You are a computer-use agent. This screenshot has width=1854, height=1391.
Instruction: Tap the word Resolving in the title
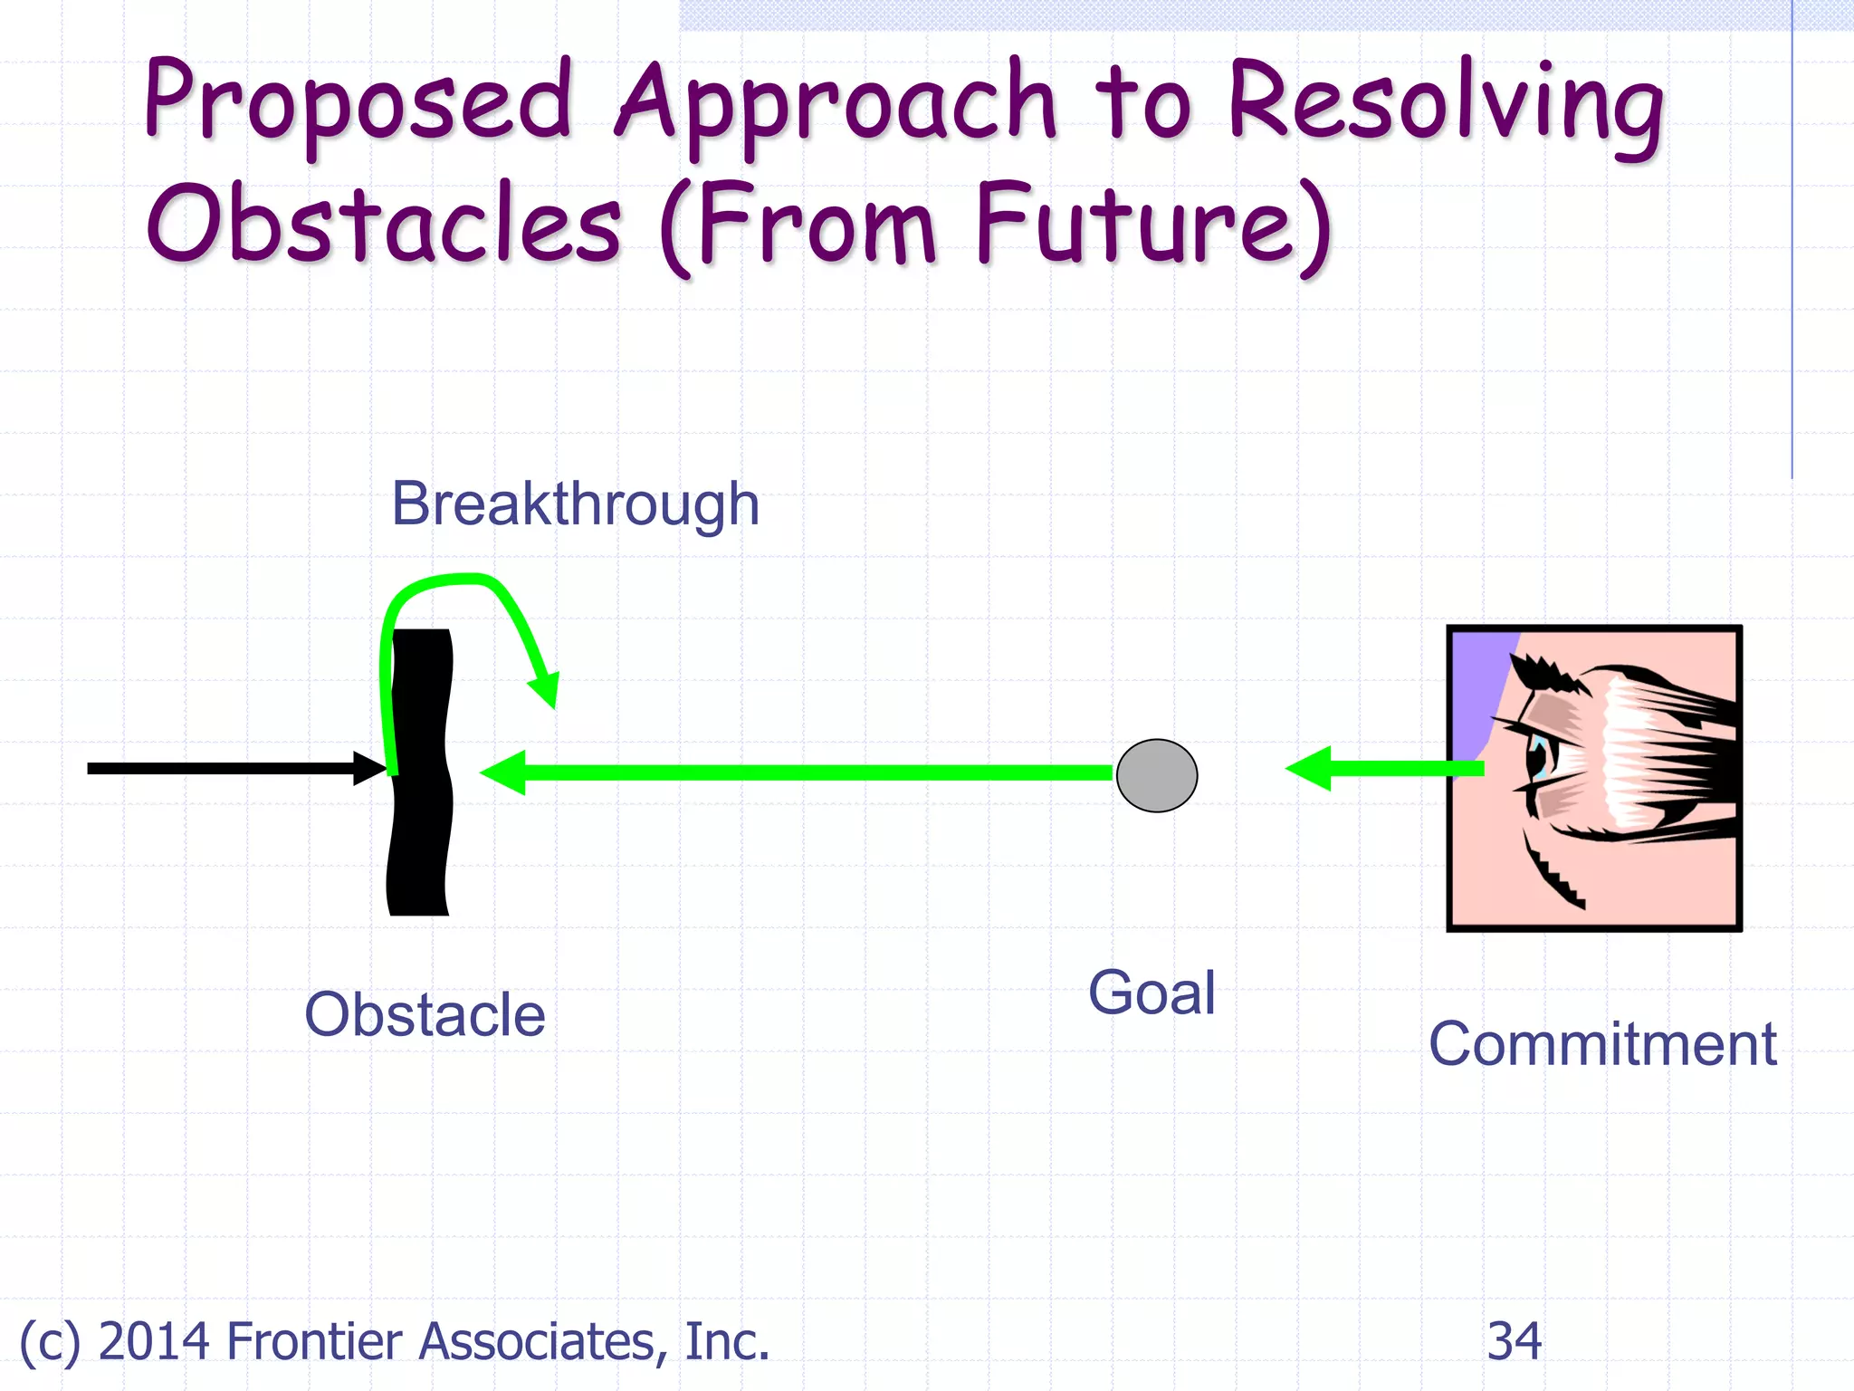pyautogui.click(x=1445, y=104)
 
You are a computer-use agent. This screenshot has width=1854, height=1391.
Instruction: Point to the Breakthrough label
pyautogui.click(x=575, y=504)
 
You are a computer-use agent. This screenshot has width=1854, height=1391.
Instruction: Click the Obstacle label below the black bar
pyautogui.click(x=425, y=1014)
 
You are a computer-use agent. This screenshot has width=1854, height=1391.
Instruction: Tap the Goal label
pyautogui.click(x=1152, y=993)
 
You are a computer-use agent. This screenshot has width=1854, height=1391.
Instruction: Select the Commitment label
pyautogui.click(x=1601, y=1044)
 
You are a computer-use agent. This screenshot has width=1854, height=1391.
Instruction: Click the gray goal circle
pyautogui.click(x=1156, y=775)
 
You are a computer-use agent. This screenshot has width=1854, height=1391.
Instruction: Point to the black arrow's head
pyautogui.click(x=370, y=768)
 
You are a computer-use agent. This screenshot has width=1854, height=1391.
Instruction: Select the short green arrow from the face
pyautogui.click(x=1385, y=769)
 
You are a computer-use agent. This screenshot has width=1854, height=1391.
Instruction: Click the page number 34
pyautogui.click(x=1514, y=1341)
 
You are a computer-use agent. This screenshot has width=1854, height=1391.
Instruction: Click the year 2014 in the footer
pyautogui.click(x=154, y=1341)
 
